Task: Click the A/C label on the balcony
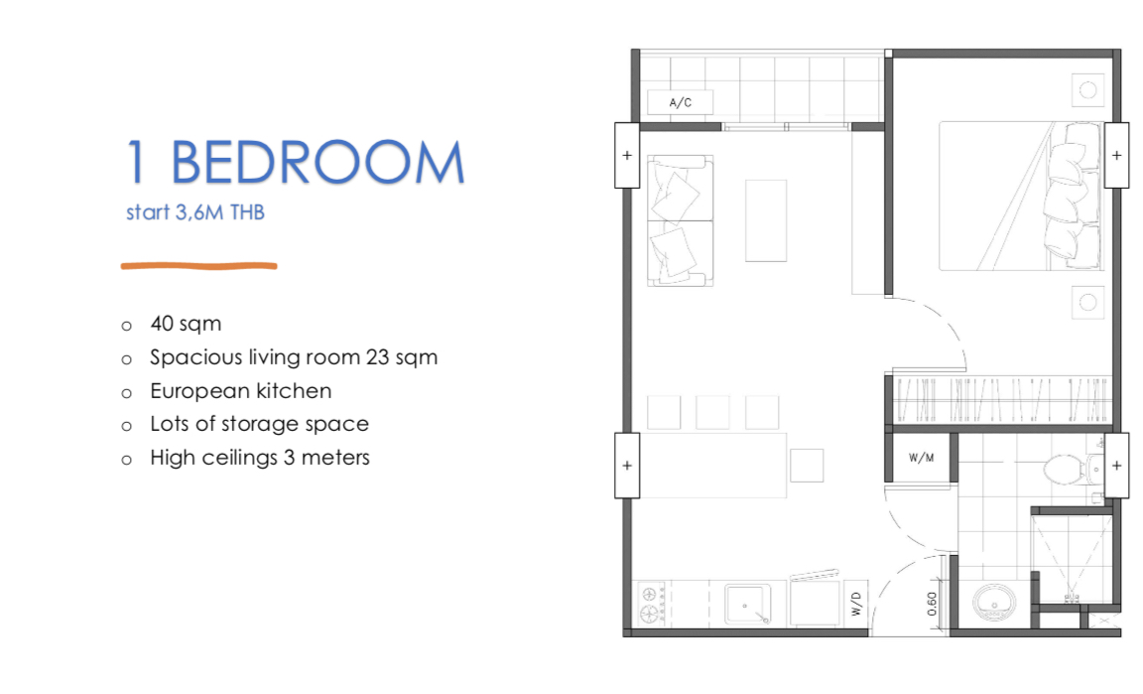[x=680, y=103]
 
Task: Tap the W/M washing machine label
[x=922, y=459]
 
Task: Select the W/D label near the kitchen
[x=856, y=604]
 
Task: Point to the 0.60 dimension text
[x=933, y=604]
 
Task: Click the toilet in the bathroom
[x=1073, y=469]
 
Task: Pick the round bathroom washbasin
[x=993, y=604]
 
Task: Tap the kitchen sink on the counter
[x=747, y=605]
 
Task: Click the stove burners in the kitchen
[x=651, y=605]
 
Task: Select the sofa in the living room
[x=680, y=220]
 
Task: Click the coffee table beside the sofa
[x=765, y=220]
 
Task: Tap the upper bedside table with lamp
[x=1087, y=89]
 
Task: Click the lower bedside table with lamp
[x=1087, y=302]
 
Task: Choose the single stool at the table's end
[x=807, y=466]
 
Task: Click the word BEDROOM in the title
[x=317, y=162]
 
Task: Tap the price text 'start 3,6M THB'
[x=195, y=212]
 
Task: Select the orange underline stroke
[x=199, y=266]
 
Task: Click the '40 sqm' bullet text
[x=186, y=324]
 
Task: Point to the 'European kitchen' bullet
[x=240, y=390]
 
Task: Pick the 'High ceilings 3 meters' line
[x=260, y=458]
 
